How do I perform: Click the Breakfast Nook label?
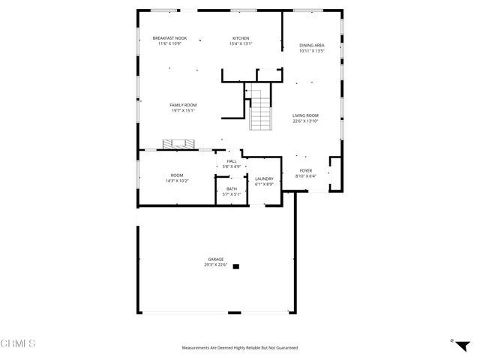coord(169,38)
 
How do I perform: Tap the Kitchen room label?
coord(241,38)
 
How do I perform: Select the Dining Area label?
coord(311,46)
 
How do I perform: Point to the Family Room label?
coord(182,105)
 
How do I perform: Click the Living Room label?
coord(305,115)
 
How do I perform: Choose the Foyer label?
coord(306,170)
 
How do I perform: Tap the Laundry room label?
coord(264,178)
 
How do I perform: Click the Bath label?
coord(231,189)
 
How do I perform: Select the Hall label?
coord(232,160)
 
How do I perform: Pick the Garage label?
coord(216,259)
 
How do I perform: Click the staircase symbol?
coord(259,109)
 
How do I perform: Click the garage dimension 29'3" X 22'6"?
coord(216,265)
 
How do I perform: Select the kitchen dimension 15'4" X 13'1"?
coord(241,43)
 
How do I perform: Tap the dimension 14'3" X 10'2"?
coord(177,181)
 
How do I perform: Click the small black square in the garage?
coord(236,265)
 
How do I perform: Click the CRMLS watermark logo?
coord(18,343)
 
